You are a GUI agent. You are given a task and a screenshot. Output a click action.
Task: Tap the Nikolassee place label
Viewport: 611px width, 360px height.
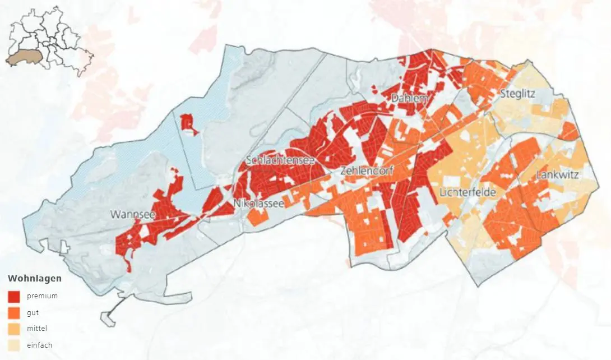coord(258,204)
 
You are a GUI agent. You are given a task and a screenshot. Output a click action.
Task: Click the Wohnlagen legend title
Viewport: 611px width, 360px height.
coord(35,279)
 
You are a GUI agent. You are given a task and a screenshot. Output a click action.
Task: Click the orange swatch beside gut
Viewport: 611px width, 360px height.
coord(14,313)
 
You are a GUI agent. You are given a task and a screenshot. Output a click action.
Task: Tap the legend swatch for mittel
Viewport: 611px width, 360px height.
coord(14,329)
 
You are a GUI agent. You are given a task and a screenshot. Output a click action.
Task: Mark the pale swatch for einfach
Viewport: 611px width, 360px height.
coord(14,345)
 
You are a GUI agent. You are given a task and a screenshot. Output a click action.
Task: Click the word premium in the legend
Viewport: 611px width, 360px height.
coord(42,296)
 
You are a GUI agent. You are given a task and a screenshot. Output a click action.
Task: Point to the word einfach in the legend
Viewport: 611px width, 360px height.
coord(39,345)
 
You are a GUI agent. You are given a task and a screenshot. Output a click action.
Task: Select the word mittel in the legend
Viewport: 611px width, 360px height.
coord(37,329)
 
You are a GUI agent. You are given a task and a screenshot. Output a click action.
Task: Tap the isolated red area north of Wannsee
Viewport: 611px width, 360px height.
coord(188,122)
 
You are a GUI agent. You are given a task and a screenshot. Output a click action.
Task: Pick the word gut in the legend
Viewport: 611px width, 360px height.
coord(33,313)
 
